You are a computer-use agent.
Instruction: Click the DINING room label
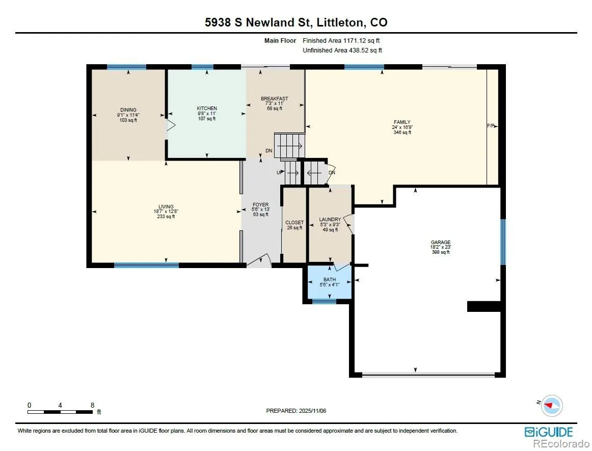coord(128,110)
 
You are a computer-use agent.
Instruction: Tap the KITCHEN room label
coord(207,109)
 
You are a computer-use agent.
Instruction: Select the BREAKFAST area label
coord(275,98)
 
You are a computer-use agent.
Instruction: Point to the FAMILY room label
coord(402,122)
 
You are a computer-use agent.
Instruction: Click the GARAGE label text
coord(441,242)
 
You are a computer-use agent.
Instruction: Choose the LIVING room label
coord(166,206)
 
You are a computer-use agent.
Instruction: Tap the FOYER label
coord(260,205)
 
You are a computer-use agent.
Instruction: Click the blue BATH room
coord(330,284)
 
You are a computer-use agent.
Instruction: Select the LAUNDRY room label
coord(330,220)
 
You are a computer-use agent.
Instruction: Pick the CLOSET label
coord(294,223)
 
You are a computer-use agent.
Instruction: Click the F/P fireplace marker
coord(491,126)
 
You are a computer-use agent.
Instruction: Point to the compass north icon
coord(551,406)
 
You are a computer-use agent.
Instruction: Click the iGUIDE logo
coord(549,432)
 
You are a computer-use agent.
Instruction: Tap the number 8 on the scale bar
coord(93,405)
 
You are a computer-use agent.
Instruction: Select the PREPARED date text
coord(296,411)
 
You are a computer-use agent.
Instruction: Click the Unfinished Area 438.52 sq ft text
coord(342,50)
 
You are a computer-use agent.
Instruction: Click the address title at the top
coord(296,22)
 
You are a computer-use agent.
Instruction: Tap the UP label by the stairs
coord(280,173)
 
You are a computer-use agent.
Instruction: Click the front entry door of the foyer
coord(259,260)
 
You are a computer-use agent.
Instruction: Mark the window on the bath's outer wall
coord(325,301)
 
